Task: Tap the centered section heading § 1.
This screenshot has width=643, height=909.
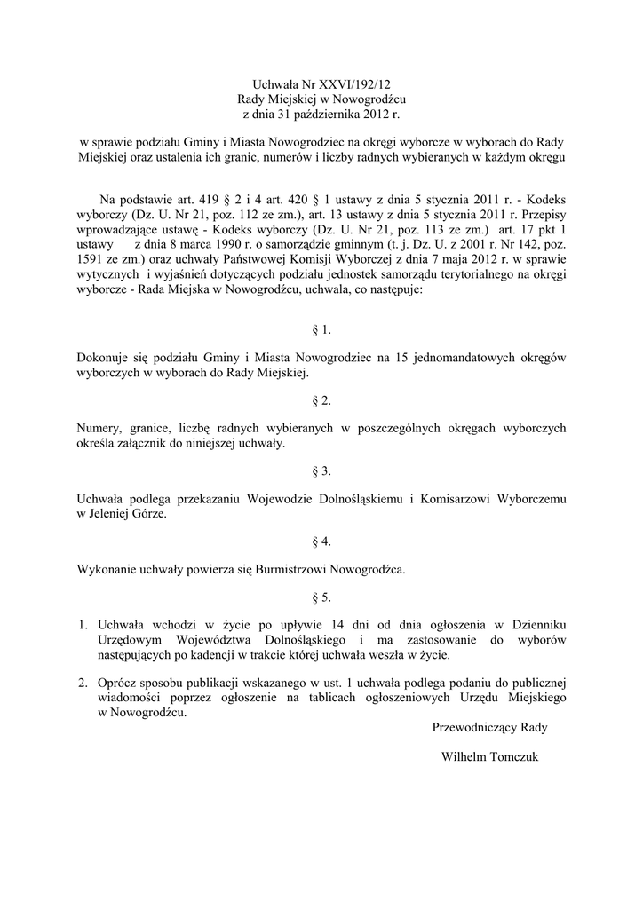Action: click(x=321, y=330)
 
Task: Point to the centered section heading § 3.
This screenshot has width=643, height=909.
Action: click(x=321, y=470)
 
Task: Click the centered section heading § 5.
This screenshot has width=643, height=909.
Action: click(x=321, y=597)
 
